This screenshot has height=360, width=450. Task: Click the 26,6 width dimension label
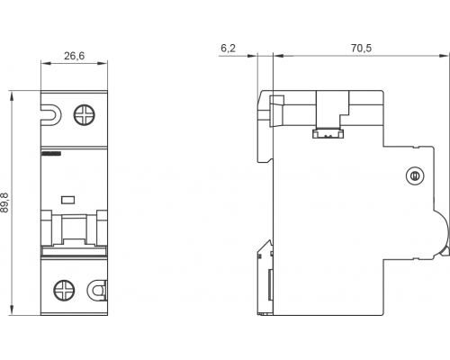74,56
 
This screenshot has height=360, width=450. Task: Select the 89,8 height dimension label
4,202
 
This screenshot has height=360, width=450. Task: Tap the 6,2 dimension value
229,48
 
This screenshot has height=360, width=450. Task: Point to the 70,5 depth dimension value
361,48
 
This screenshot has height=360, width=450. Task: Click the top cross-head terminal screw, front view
85,115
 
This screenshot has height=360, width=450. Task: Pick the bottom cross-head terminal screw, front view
64,291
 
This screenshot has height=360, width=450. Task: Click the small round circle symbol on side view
415,175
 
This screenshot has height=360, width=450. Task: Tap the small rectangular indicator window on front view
67,200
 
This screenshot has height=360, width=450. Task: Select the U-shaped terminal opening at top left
51,115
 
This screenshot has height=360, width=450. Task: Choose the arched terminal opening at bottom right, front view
97,291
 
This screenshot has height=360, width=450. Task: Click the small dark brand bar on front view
51,153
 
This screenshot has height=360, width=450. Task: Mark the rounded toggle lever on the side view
441,233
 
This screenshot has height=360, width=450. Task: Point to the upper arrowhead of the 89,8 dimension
12,96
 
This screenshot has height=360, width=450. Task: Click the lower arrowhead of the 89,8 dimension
12,310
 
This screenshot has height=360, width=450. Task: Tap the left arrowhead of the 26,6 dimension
46,63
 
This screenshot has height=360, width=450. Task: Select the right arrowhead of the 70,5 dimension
444,56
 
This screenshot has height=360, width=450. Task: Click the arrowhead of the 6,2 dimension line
252,56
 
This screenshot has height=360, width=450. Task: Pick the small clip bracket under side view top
328,133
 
